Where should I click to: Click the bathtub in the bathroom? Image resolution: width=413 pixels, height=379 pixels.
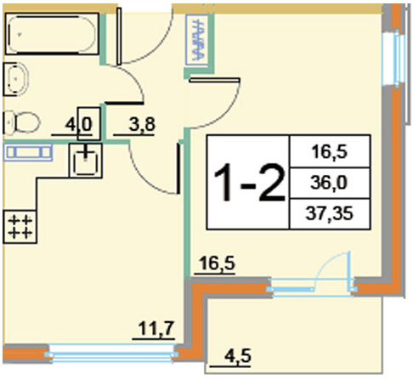pyautogui.click(x=52, y=34)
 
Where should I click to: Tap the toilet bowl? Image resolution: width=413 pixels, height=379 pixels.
pyautogui.click(x=22, y=123)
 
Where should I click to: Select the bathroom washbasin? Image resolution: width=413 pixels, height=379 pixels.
pyautogui.click(x=16, y=79)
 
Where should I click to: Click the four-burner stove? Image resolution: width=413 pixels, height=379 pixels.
pyautogui.click(x=20, y=227)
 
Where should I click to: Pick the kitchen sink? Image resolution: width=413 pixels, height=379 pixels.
pyautogui.click(x=86, y=161)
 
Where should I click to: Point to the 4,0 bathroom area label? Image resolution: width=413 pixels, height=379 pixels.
pyautogui.click(x=78, y=124)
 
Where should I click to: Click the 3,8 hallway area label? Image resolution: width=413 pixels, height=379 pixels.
pyautogui.click(x=142, y=124)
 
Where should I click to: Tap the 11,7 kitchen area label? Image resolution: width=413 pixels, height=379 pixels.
pyautogui.click(x=156, y=329)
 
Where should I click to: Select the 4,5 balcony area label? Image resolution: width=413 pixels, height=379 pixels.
pyautogui.click(x=238, y=355)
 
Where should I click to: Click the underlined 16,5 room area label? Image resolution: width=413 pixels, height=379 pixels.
pyautogui.click(x=217, y=263)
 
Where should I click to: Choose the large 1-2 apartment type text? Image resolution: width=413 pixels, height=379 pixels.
pyautogui.click(x=249, y=183)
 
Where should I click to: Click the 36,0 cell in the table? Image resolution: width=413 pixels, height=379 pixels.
pyautogui.click(x=329, y=183)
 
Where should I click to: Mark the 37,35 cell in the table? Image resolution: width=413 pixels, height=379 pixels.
pyautogui.click(x=329, y=213)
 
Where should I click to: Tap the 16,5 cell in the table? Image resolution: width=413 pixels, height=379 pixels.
pyautogui.click(x=330, y=152)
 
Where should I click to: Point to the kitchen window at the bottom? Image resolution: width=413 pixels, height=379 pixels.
pyautogui.click(x=112, y=354)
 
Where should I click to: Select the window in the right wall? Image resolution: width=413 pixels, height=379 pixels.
pyautogui.click(x=393, y=59)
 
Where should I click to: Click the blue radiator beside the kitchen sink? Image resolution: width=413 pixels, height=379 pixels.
pyautogui.click(x=28, y=152)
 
